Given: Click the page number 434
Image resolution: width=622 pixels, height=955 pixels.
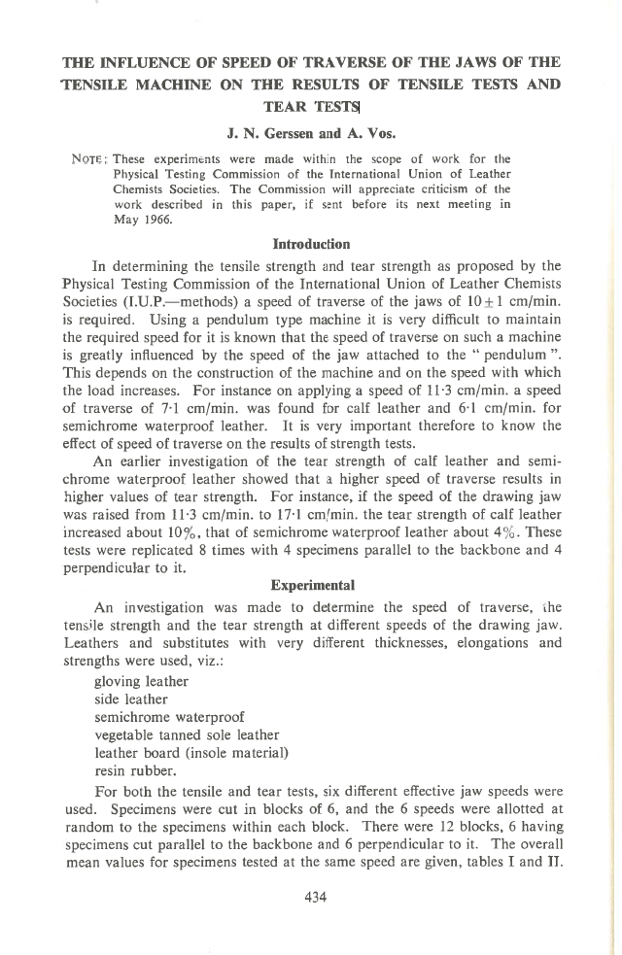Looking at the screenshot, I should click(x=313, y=897).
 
